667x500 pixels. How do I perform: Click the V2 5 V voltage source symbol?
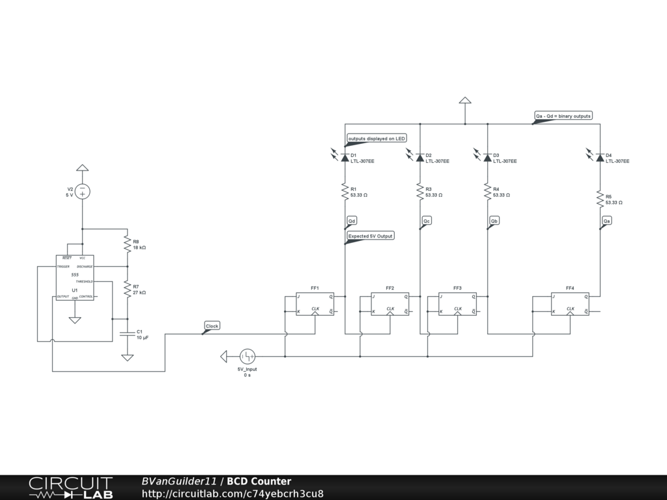coord(82,191)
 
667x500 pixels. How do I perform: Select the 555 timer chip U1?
coord(74,278)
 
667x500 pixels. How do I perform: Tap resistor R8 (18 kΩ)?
coord(128,244)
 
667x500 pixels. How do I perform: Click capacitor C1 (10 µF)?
coord(128,335)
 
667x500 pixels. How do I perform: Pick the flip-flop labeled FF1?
coord(315,304)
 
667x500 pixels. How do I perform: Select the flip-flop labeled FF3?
coord(457,304)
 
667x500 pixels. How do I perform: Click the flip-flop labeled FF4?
coord(570,304)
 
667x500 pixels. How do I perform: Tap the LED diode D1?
coord(345,158)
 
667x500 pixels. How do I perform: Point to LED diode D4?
coord(599,158)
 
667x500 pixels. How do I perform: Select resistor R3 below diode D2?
coord(420,191)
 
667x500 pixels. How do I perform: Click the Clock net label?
coord(212,326)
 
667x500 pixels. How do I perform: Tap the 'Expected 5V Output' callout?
coord(371,236)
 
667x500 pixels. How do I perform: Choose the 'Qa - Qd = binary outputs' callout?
coord(563,116)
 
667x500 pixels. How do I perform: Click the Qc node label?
coord(427,221)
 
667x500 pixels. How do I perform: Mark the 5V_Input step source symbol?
coord(248,356)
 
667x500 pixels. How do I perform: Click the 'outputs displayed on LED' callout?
coord(376,139)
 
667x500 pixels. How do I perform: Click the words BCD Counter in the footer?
coord(259,481)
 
